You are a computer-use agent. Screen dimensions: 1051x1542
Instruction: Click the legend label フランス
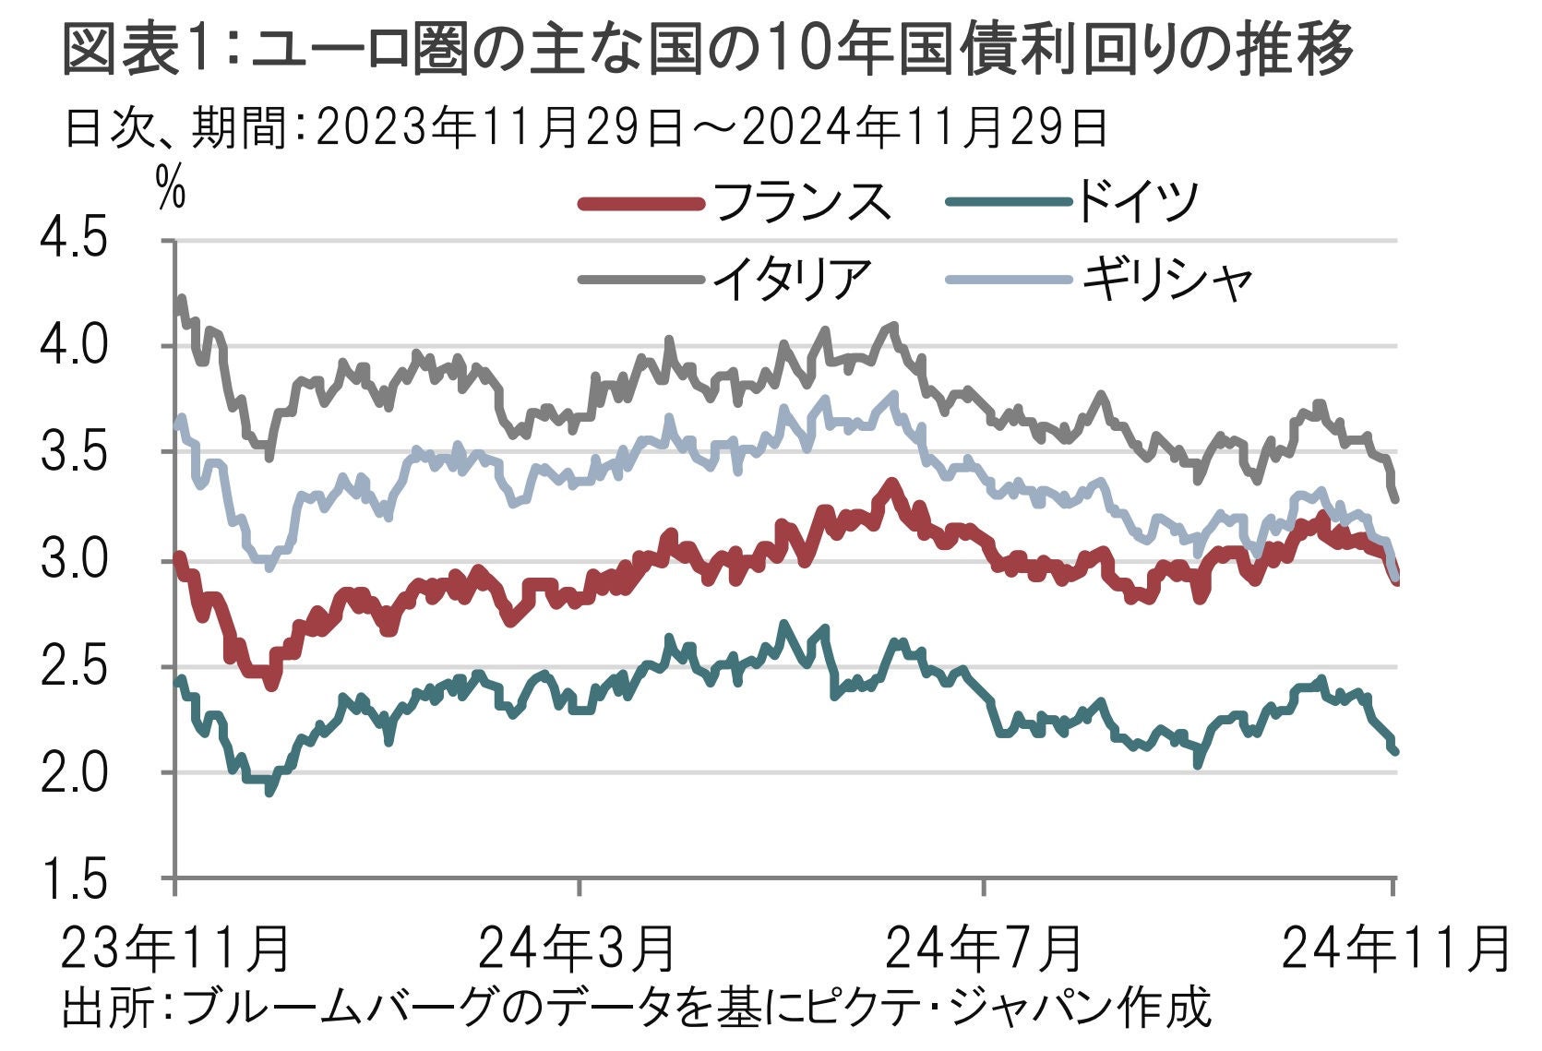[800, 201]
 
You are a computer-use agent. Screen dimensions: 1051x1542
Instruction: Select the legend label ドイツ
[1135, 201]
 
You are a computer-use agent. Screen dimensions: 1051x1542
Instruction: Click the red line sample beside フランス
[638, 203]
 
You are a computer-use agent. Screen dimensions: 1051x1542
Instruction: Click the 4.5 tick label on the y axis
[74, 240]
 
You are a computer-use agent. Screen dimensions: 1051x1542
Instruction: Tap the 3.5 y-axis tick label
[74, 453]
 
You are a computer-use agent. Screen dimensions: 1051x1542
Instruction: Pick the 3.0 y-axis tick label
[74, 560]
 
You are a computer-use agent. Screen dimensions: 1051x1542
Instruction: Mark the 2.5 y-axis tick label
[74, 667]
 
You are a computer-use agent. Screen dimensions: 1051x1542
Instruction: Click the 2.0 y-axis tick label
[74, 773]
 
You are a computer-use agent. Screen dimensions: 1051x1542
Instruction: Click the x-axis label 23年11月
[175, 948]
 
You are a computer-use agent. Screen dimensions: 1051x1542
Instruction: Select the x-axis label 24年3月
[579, 948]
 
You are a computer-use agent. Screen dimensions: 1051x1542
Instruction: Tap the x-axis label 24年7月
[984, 948]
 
